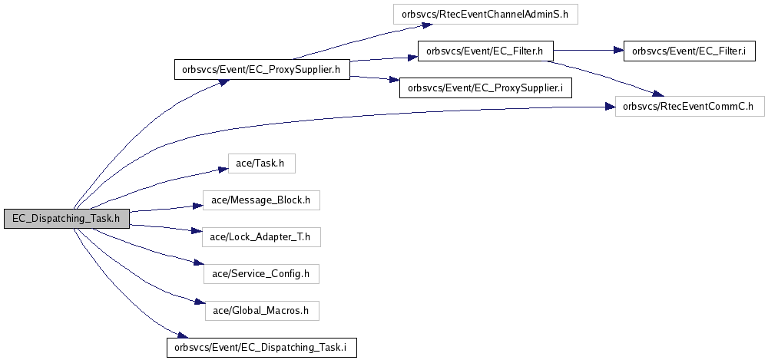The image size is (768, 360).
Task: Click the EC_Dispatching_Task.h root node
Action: tap(67, 219)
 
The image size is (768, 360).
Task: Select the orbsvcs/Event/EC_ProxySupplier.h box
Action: tap(262, 70)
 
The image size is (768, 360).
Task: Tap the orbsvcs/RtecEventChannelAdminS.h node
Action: tap(485, 15)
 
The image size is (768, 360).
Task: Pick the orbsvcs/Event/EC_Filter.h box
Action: tap(485, 51)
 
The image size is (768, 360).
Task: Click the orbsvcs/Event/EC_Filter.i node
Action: tap(688, 51)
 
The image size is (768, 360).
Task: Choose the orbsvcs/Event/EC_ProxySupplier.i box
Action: tap(485, 88)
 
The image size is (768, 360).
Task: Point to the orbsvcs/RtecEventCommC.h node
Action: tap(690, 106)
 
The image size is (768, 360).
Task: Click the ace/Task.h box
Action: tap(262, 163)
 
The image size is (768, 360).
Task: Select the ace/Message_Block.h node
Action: tap(262, 200)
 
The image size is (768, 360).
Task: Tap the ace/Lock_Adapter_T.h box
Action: tap(262, 237)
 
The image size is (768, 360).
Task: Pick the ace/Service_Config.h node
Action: tap(262, 274)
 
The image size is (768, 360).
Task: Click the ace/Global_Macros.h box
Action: tap(262, 311)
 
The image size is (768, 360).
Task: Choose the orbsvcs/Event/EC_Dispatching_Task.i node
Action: tap(262, 347)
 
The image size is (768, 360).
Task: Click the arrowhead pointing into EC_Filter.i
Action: tap(618, 51)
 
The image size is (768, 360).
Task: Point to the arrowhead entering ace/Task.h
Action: tap(223, 169)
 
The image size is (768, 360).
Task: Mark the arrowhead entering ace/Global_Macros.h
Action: tap(200, 302)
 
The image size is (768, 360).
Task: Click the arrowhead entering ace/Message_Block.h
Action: tap(198, 206)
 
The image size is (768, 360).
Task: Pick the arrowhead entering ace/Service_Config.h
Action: tap(199, 264)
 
